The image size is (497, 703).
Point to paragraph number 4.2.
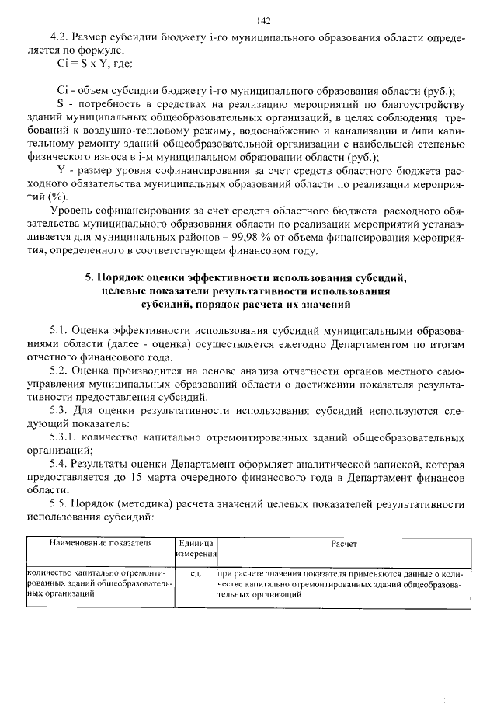click(60, 37)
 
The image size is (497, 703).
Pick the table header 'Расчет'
click(343, 545)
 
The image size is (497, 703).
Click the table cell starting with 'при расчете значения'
click(343, 583)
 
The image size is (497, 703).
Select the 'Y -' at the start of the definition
click(64, 170)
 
